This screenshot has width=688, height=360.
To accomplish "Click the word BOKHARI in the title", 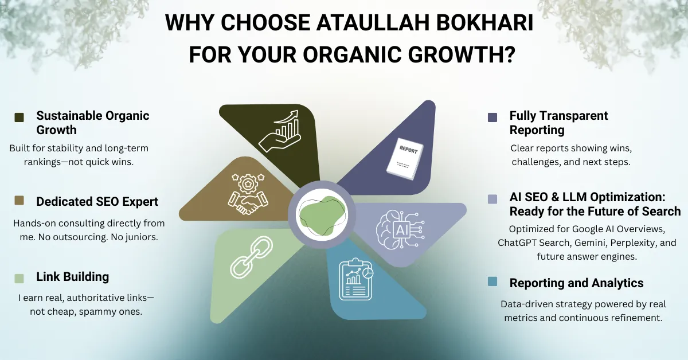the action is [x=484, y=22].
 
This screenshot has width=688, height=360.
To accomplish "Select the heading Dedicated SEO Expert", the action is [x=97, y=202].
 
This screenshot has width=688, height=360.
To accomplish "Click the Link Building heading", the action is [x=72, y=277].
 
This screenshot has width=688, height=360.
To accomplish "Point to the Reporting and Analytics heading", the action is [x=576, y=283].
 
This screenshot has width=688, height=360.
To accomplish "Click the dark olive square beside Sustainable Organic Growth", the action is [x=19, y=118].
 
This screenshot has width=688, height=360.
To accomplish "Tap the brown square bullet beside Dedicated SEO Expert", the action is [x=19, y=200].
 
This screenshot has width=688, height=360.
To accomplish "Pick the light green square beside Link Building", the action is [x=19, y=278].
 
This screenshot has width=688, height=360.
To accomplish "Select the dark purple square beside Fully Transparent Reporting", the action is [x=492, y=118].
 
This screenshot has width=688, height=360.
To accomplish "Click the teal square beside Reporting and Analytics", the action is [x=492, y=281].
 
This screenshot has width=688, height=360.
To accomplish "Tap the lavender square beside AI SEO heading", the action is [x=492, y=199].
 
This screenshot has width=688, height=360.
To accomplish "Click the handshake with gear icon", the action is [x=248, y=194].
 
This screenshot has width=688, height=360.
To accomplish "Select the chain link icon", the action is [x=251, y=257].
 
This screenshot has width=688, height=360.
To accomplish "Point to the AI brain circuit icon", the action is [x=401, y=230].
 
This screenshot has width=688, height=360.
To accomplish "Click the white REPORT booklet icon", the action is [x=405, y=159].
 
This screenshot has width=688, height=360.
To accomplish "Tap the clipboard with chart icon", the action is [x=355, y=279].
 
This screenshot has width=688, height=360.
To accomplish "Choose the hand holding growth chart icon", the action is [x=280, y=131].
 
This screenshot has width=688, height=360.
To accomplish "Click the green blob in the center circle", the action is [x=322, y=216].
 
